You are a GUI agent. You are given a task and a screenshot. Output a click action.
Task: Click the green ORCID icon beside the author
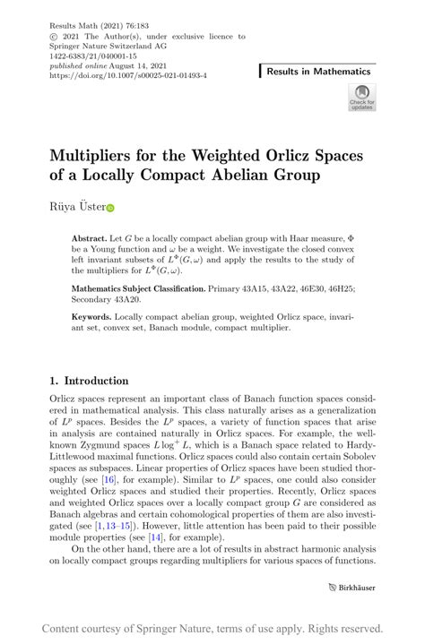[111, 208]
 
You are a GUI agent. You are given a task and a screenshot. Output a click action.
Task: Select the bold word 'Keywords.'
[91, 317]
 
